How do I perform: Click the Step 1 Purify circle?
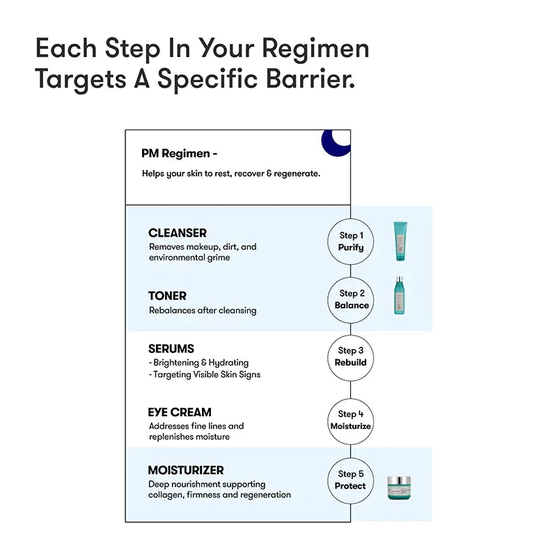point(351,242)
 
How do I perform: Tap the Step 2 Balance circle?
point(351,299)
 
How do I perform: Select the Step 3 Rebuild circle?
point(351,356)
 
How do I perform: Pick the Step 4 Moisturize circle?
point(351,420)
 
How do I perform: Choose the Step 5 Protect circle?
point(351,480)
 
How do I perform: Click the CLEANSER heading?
point(178,233)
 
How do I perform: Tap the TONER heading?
point(167,296)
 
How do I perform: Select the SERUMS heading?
point(171,349)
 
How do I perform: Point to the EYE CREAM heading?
point(180,412)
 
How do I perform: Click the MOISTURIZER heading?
point(186,471)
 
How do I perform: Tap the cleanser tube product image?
point(400,241)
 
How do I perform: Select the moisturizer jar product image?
point(400,488)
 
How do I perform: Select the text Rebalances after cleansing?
point(203,311)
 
